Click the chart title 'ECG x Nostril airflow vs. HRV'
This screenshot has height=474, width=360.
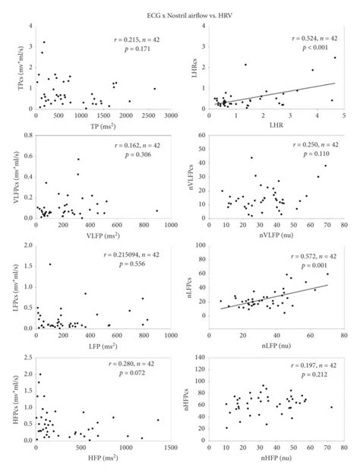click(x=180, y=14)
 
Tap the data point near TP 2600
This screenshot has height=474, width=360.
click(x=154, y=88)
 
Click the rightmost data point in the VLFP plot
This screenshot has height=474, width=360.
click(x=157, y=210)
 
